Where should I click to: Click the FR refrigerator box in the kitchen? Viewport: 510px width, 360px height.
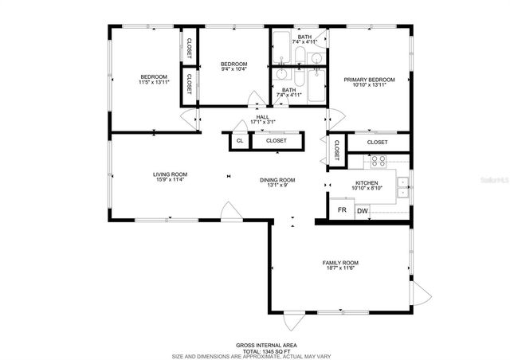tap(342, 210)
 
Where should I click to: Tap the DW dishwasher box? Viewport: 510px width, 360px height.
tap(363, 210)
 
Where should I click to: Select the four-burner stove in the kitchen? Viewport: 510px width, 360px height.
tap(379, 161)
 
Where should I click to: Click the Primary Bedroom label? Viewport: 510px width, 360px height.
tap(370, 80)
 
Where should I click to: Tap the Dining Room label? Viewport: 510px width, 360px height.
tap(277, 179)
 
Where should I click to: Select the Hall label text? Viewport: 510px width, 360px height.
tap(262, 116)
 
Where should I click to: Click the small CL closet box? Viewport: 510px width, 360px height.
tap(240, 141)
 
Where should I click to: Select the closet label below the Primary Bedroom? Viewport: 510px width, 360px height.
tap(378, 142)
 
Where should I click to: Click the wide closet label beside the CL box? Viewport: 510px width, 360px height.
tap(277, 141)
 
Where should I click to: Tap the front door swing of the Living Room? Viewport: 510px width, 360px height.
tap(229, 211)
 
